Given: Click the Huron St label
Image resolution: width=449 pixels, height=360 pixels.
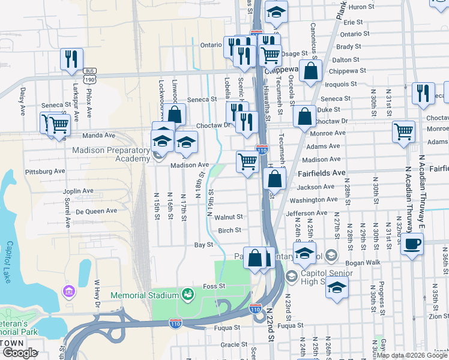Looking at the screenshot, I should (x=361, y=7).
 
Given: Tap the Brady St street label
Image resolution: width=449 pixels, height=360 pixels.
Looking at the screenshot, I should (x=348, y=47).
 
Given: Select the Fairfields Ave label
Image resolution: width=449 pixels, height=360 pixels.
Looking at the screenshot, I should (x=322, y=173).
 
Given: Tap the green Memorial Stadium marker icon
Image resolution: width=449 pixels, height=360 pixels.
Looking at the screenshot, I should (x=188, y=294).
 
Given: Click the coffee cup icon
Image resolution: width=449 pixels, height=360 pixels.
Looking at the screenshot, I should (x=412, y=244).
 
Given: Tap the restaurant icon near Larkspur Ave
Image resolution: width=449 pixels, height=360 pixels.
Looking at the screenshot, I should (x=71, y=59).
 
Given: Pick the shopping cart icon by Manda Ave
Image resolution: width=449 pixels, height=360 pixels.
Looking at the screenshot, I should (x=58, y=125).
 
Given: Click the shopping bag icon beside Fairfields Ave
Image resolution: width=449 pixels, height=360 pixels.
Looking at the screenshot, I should (x=274, y=178).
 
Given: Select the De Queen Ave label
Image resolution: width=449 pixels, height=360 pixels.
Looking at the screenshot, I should (x=97, y=211).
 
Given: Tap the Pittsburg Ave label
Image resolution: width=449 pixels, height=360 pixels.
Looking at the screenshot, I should (x=45, y=172).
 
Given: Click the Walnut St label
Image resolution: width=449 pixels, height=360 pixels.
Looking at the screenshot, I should (x=229, y=217).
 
